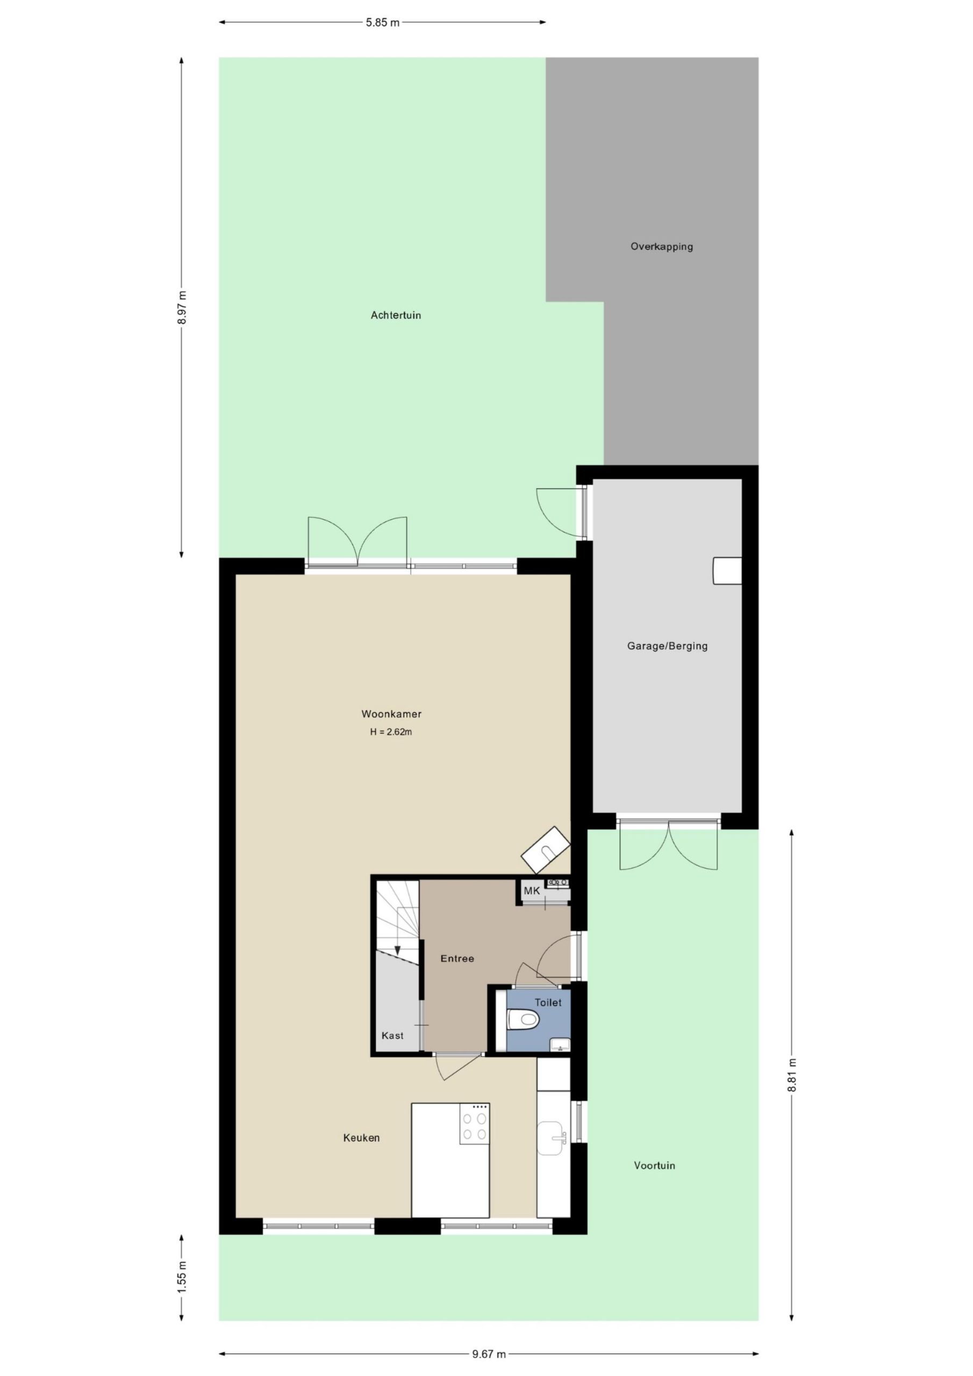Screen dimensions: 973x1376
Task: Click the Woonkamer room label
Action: click(x=391, y=714)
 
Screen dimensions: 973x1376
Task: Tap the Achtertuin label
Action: click(x=396, y=315)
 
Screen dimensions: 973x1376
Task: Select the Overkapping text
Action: click(x=661, y=246)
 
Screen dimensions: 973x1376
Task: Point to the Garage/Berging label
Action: click(x=667, y=646)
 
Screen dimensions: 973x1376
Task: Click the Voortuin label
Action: click(x=655, y=1166)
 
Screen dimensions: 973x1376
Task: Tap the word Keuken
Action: click(x=361, y=1138)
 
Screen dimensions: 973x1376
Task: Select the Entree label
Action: click(x=457, y=959)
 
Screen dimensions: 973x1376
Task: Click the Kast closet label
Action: click(x=392, y=1036)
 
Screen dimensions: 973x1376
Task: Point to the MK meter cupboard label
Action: click(x=532, y=891)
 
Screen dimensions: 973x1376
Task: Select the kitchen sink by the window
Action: click(x=552, y=1138)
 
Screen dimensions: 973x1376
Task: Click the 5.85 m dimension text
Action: click(x=383, y=23)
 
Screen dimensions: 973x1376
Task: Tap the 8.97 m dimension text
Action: click(x=182, y=307)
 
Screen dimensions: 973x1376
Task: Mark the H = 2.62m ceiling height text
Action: click(x=391, y=732)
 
